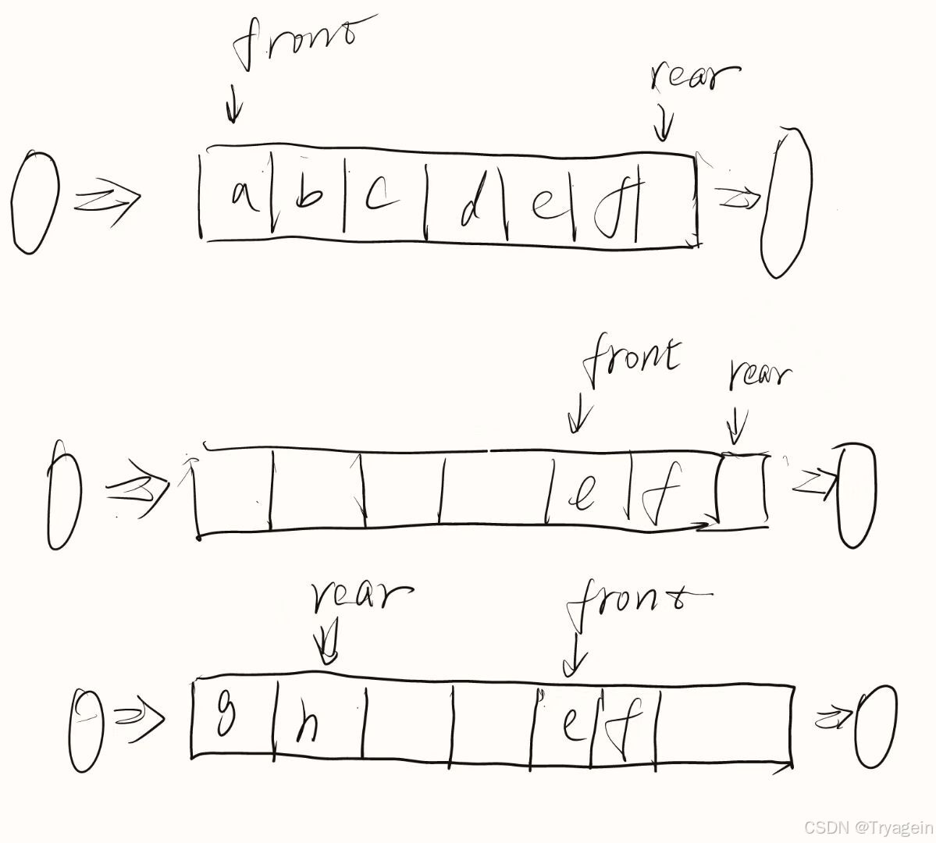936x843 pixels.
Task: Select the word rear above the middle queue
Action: pos(759,374)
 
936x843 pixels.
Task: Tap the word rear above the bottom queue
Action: pos(361,599)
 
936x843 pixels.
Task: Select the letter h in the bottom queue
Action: pos(307,725)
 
